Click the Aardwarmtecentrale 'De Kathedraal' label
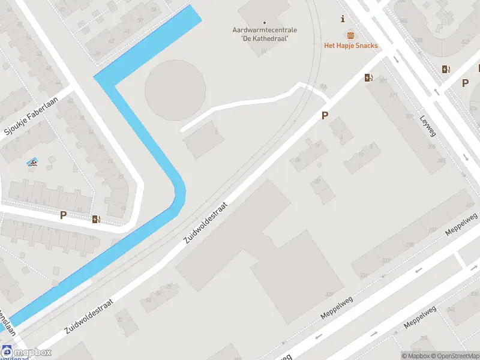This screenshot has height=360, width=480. click(265, 34)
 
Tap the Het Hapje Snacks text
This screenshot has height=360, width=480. click(350, 46)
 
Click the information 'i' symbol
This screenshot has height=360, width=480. click(343, 19)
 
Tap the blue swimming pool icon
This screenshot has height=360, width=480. click(32, 163)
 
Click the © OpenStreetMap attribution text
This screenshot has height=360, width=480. click(452, 356)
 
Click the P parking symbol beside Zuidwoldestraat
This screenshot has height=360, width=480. click(325, 116)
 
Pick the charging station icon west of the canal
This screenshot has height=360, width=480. click(96, 219)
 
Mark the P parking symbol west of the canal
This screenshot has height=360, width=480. click(63, 215)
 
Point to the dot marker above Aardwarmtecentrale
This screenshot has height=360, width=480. click(265, 23)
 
